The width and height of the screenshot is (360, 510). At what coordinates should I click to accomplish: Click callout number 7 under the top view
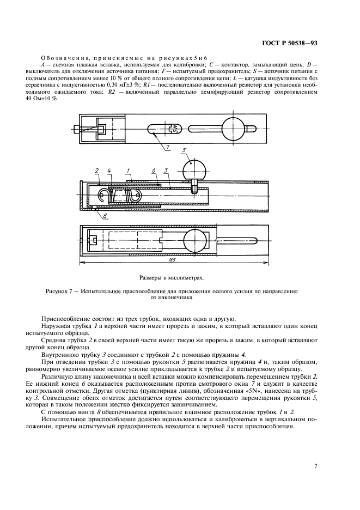pos(167,147)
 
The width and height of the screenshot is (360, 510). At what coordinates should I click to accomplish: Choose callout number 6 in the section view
pos(154,172)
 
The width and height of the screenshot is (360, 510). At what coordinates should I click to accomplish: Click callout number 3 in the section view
pos(166,172)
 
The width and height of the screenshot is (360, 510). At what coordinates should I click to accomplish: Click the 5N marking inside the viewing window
pos(174,129)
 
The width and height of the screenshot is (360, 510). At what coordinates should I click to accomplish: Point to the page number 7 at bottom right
pos(316,465)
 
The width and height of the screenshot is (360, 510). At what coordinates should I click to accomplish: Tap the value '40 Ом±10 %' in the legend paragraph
pos(42,105)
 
